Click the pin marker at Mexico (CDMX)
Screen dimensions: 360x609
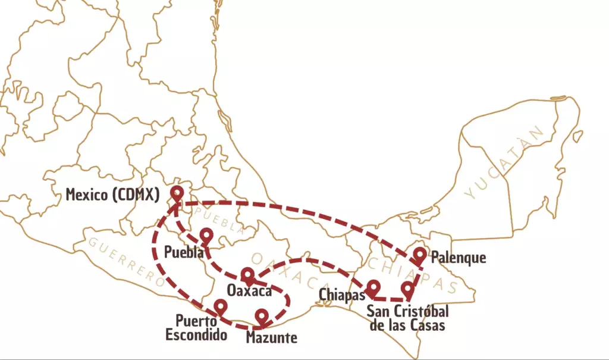coord(177,193)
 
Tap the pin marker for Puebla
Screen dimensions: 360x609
coord(206,235)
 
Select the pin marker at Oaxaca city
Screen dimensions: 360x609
coord(247,274)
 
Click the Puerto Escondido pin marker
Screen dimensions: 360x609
coord(221,306)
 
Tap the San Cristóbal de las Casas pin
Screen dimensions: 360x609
coord(407,289)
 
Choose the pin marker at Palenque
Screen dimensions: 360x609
coord(420,255)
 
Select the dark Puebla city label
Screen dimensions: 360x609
coord(184,252)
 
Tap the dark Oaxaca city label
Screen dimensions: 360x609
coord(249,291)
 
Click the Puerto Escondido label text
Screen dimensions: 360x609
coord(196,328)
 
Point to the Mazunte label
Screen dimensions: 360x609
coord(272,338)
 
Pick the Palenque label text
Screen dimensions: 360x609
coord(459,258)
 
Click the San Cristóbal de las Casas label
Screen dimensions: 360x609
coord(407,318)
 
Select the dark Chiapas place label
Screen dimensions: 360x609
coord(341,295)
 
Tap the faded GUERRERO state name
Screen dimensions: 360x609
coord(125,262)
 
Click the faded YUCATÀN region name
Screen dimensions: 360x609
coord(506,164)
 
